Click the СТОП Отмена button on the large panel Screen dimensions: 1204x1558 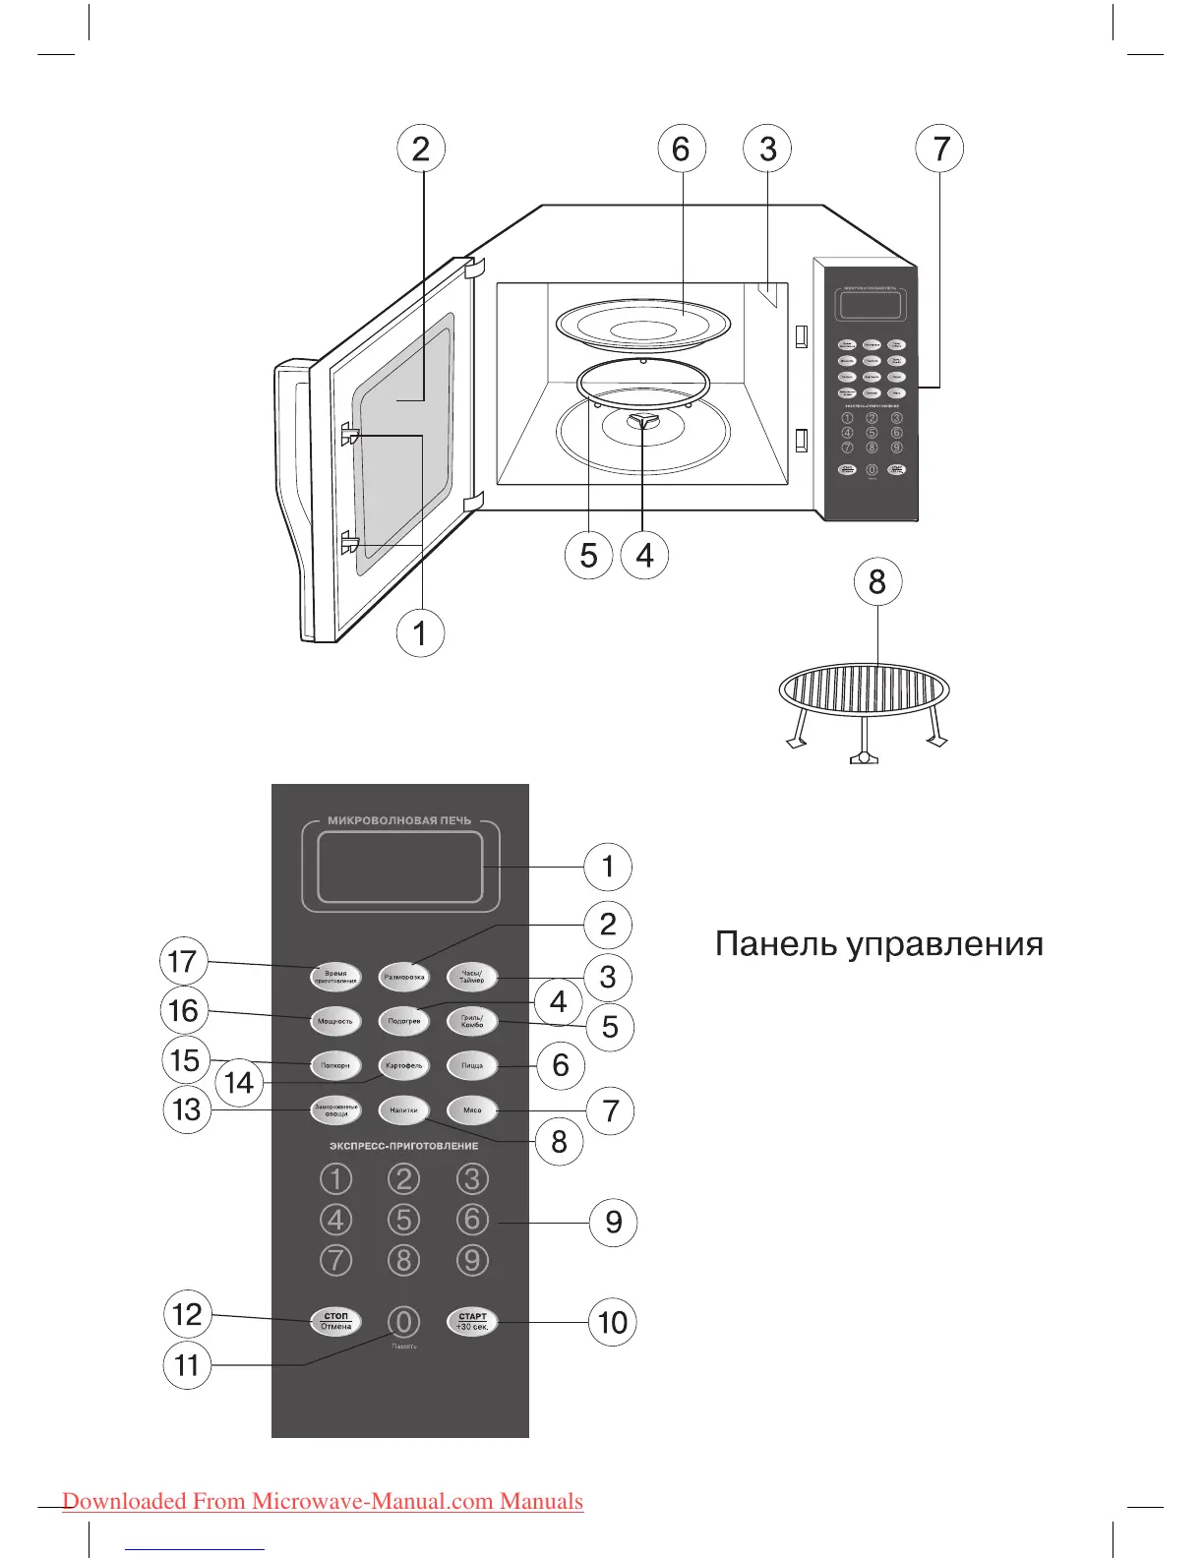335,1321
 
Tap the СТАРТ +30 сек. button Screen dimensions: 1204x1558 472,1321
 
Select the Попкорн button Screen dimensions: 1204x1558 334,1065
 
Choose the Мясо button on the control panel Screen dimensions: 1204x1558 472,1109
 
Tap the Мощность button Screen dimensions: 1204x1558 334,1021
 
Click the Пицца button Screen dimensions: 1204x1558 472,1065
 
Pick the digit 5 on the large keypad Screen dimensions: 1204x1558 403,1220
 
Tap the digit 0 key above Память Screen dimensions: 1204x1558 403,1322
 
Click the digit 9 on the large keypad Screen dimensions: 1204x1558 472,1260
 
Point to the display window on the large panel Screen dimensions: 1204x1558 399,868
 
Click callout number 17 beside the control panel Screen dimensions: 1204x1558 184,961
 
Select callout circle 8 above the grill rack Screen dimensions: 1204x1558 876,581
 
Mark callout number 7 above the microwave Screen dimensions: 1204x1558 940,149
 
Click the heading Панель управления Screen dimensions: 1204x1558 878,944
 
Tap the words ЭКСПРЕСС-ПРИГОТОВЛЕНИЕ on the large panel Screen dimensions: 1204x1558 403,1146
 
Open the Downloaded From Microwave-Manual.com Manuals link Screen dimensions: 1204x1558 323,1502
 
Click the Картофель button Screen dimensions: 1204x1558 403,1065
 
